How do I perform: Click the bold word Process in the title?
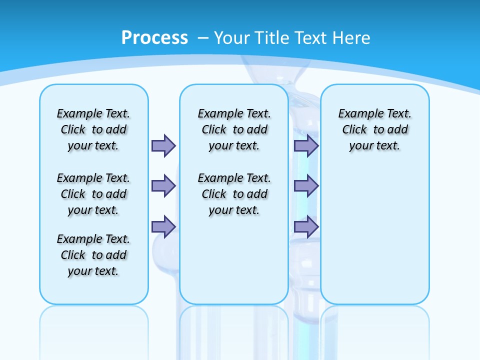point(154,38)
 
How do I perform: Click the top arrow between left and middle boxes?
point(163,145)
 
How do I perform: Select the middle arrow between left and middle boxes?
point(163,186)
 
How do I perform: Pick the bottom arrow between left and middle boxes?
point(163,226)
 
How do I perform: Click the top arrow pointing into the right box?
point(306,145)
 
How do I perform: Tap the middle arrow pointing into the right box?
point(306,186)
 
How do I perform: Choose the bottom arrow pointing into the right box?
point(306,226)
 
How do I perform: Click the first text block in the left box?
point(93,129)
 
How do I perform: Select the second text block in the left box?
point(93,194)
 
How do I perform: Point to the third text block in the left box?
point(93,255)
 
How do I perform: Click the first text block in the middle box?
point(234,129)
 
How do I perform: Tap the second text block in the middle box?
point(234,194)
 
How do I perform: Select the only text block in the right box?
point(374,129)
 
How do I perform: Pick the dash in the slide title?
point(203,38)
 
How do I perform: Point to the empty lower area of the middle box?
point(234,260)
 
